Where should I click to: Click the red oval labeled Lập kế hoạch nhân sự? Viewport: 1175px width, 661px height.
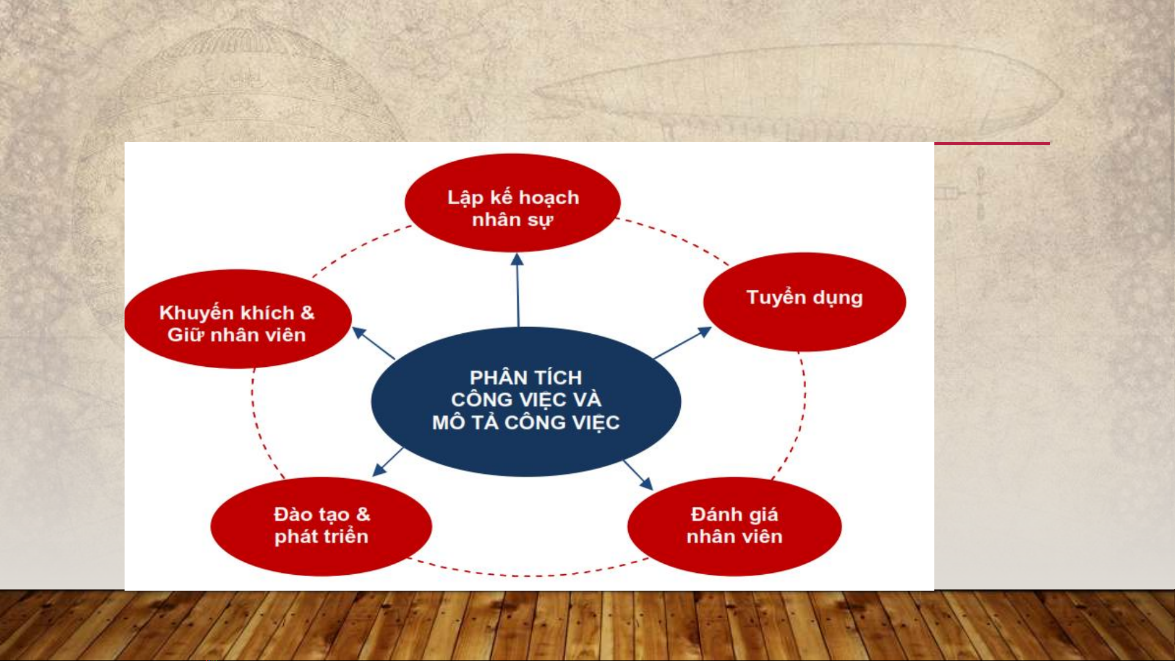tap(513, 202)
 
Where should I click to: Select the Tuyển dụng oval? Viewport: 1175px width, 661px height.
tap(804, 302)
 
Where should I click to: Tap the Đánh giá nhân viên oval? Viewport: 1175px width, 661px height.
tap(735, 526)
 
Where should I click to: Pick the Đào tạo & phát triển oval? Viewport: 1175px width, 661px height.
tap(321, 526)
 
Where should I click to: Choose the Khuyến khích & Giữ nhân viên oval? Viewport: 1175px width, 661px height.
tap(237, 319)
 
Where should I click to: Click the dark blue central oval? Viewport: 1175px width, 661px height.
tap(526, 402)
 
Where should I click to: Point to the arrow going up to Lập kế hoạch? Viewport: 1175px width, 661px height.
tap(518, 290)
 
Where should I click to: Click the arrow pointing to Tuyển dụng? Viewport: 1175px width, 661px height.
tap(683, 342)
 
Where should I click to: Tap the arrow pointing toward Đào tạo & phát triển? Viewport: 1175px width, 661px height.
tap(388, 462)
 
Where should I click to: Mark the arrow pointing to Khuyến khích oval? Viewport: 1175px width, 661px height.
tap(373, 343)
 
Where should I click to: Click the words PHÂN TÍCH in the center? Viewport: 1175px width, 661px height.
tap(526, 377)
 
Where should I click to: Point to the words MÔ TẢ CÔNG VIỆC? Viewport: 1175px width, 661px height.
tap(526, 423)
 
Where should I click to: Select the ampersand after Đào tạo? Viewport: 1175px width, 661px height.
tap(363, 514)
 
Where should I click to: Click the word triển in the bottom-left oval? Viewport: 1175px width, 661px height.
tap(346, 536)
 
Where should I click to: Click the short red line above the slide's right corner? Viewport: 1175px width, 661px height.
tap(992, 144)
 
